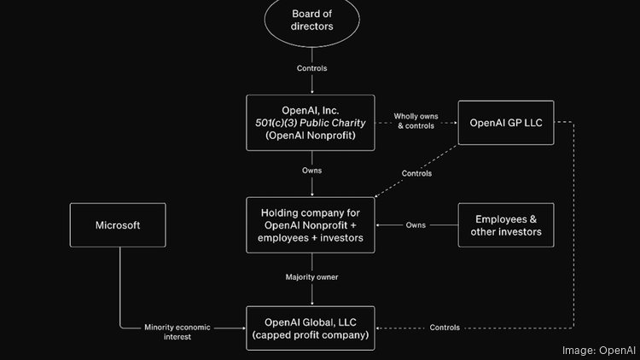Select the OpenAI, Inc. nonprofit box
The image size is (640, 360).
tap(311, 123)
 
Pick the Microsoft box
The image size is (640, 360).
tap(118, 225)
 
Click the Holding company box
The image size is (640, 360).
tap(311, 225)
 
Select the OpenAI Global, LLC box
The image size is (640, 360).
tap(311, 328)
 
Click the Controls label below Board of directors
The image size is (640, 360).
tap(311, 68)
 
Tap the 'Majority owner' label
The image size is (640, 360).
tap(311, 276)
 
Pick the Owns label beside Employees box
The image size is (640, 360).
tap(416, 225)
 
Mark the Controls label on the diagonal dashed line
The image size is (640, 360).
tap(416, 173)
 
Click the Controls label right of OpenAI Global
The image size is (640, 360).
tap(445, 328)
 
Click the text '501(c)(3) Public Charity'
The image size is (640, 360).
tap(311, 123)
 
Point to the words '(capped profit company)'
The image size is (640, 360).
tap(311, 334)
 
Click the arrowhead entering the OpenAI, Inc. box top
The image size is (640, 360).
tap(311, 91)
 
